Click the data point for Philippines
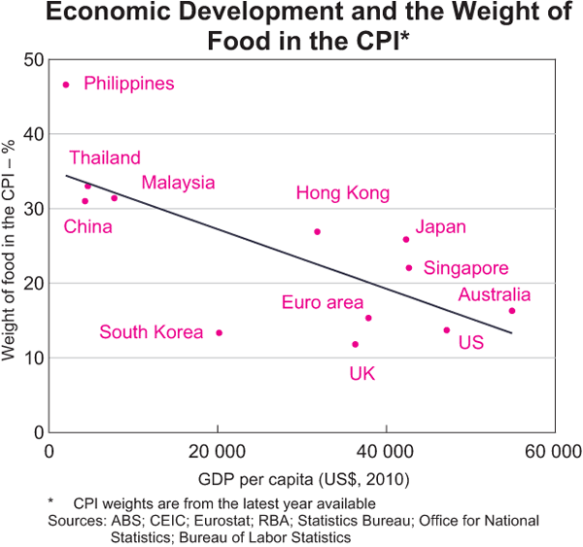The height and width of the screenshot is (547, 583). (66, 85)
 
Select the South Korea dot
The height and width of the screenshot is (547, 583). (219, 332)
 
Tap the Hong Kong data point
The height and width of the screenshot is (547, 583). (318, 231)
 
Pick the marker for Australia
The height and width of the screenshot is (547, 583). (512, 311)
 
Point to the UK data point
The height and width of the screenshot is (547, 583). (356, 344)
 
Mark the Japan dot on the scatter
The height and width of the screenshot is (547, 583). (406, 239)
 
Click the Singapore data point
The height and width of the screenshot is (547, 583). (409, 267)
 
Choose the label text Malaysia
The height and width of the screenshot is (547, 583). (178, 183)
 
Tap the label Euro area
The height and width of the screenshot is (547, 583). (323, 303)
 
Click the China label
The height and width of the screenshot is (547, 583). (87, 227)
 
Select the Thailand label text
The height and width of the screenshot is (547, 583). (104, 158)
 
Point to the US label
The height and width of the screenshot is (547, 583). (470, 343)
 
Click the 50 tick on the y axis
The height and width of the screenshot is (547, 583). (33, 59)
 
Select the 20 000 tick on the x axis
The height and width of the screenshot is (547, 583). (218, 453)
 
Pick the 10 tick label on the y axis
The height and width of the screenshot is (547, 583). (33, 358)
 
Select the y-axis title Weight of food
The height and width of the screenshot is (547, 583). (12, 249)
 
